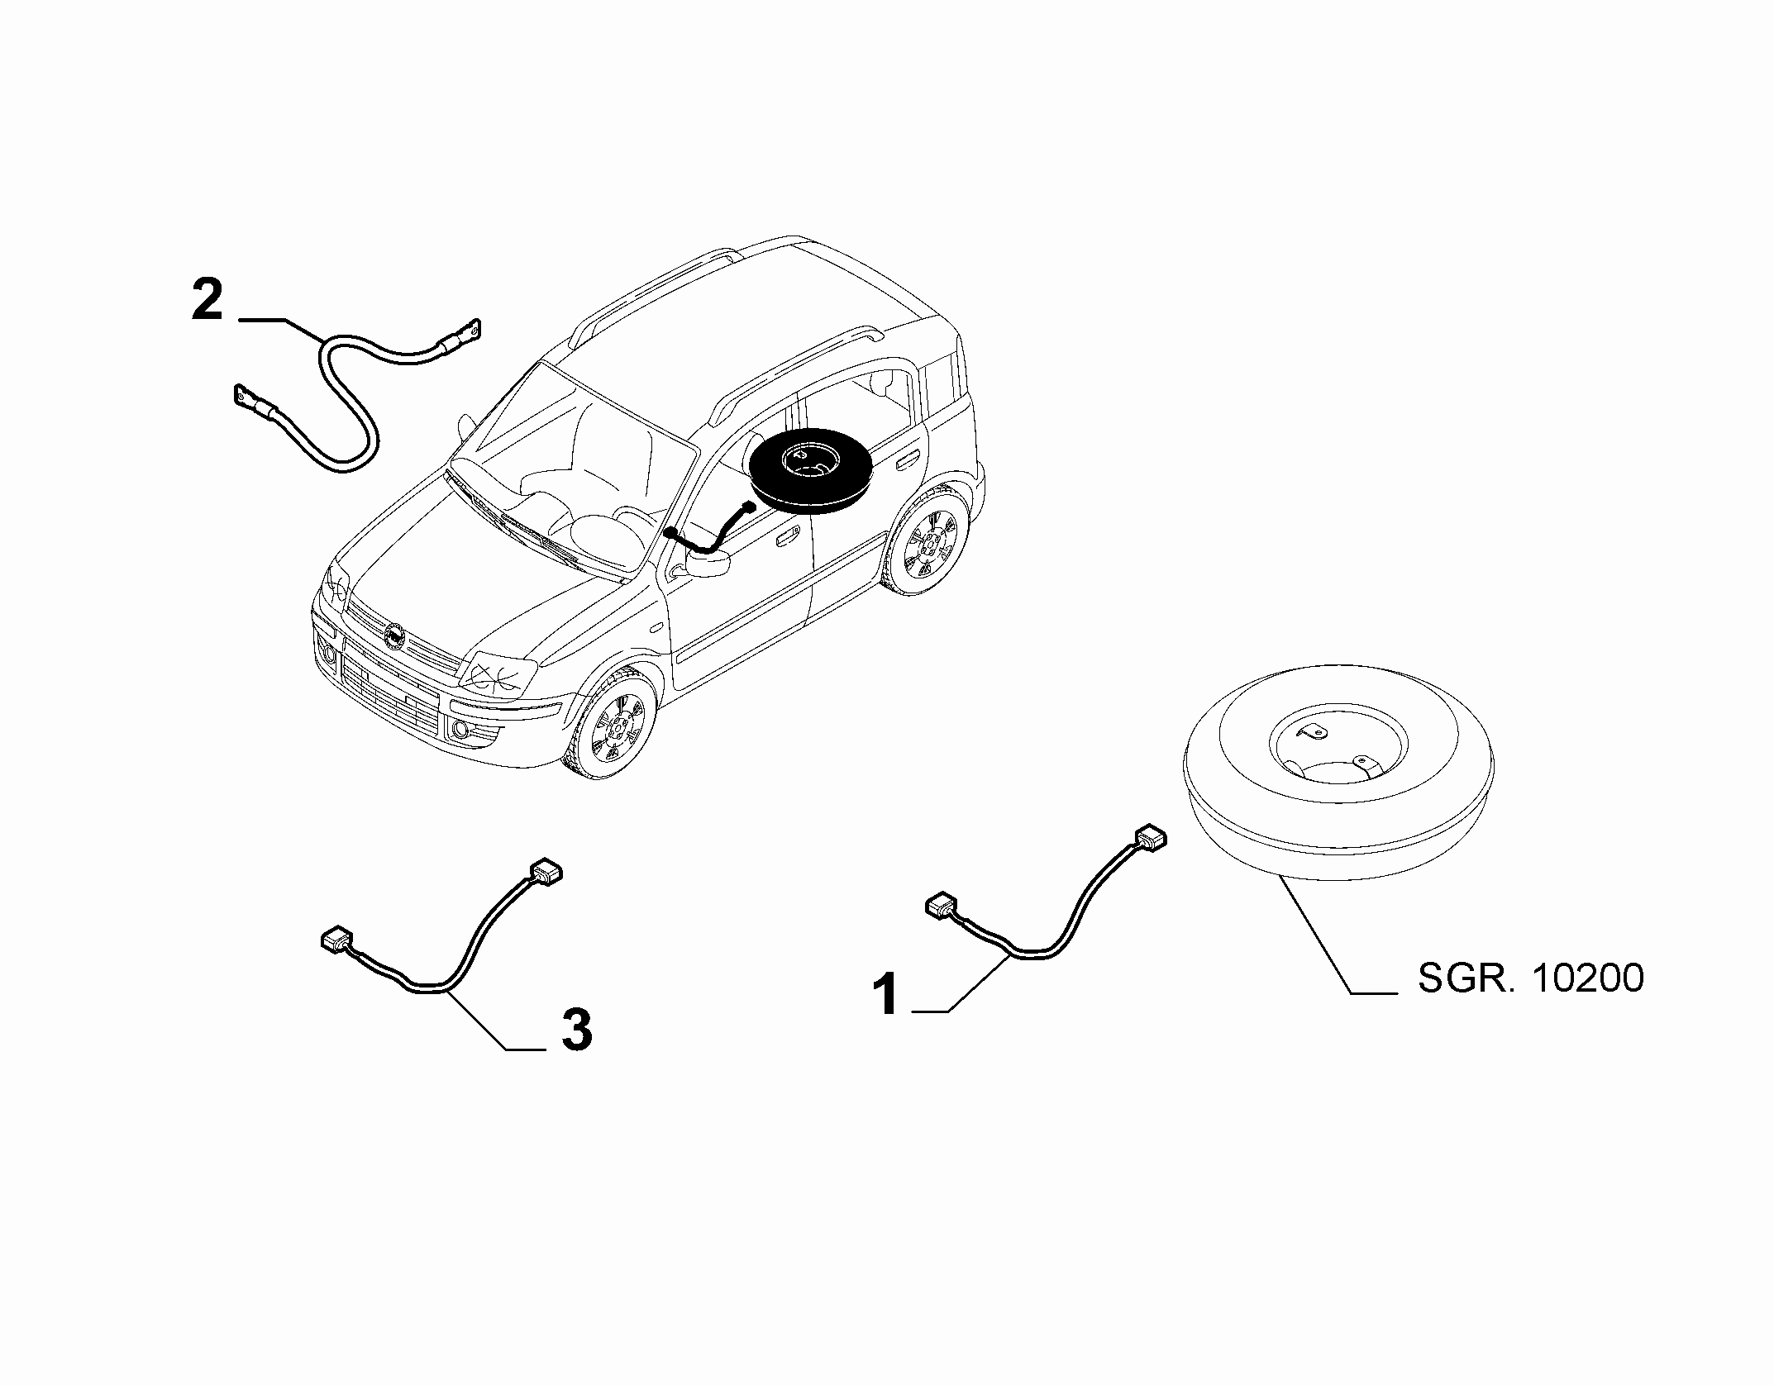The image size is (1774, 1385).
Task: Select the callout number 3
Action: (x=577, y=1030)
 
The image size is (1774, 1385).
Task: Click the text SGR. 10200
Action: (x=1531, y=979)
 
